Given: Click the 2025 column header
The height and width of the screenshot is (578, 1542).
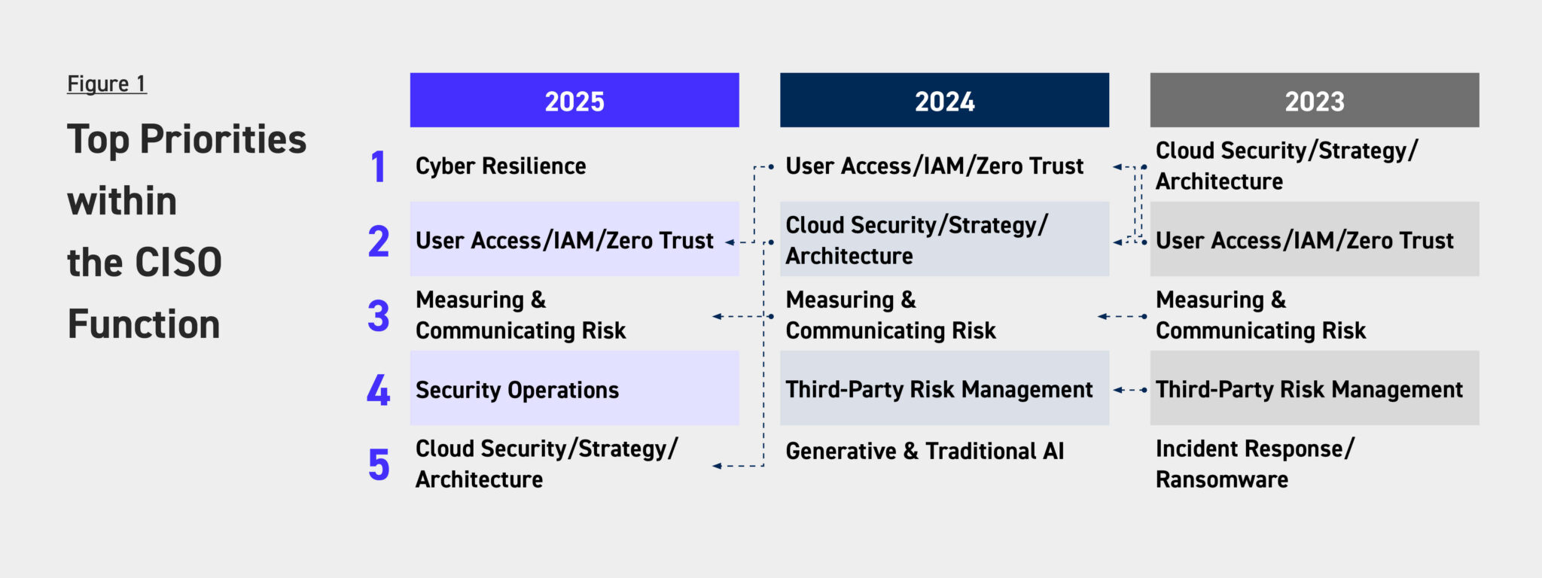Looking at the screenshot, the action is point(574,100).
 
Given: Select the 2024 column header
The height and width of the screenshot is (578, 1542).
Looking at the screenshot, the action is point(944,100).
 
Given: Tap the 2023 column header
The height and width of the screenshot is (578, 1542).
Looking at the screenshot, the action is point(1315,100).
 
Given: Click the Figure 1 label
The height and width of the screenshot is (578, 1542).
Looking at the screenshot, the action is point(107,84).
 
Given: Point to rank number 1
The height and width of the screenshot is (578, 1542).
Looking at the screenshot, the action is point(378,166).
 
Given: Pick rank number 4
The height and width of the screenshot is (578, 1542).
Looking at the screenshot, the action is point(378,390).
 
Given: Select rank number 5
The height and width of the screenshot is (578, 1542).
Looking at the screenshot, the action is point(379,464).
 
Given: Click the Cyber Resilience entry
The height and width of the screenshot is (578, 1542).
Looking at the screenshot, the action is point(501,166).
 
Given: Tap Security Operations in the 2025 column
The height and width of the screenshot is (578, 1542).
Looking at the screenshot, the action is point(517,390).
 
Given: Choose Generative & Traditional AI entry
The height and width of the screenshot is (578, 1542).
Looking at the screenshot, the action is point(925,451).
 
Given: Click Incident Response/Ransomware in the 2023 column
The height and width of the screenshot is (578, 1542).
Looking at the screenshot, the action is point(1255,464).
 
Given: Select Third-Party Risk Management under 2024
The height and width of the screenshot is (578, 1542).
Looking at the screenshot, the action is point(939,389).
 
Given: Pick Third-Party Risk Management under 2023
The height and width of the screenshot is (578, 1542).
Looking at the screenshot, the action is point(1309,389).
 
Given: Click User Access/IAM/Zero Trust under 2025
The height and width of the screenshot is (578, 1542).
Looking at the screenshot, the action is point(565,240).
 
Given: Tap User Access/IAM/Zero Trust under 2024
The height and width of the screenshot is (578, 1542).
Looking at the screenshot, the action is point(934,166).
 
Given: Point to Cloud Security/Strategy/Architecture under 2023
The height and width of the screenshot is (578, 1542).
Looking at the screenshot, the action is point(1287,166).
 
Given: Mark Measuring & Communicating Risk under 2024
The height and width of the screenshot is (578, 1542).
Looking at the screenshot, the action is point(891,315).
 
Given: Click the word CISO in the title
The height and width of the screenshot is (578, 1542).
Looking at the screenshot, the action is point(178,262).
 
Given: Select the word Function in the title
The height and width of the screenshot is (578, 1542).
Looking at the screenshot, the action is point(144,324).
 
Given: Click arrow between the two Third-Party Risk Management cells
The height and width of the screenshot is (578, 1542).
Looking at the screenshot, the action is point(1130,390).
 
